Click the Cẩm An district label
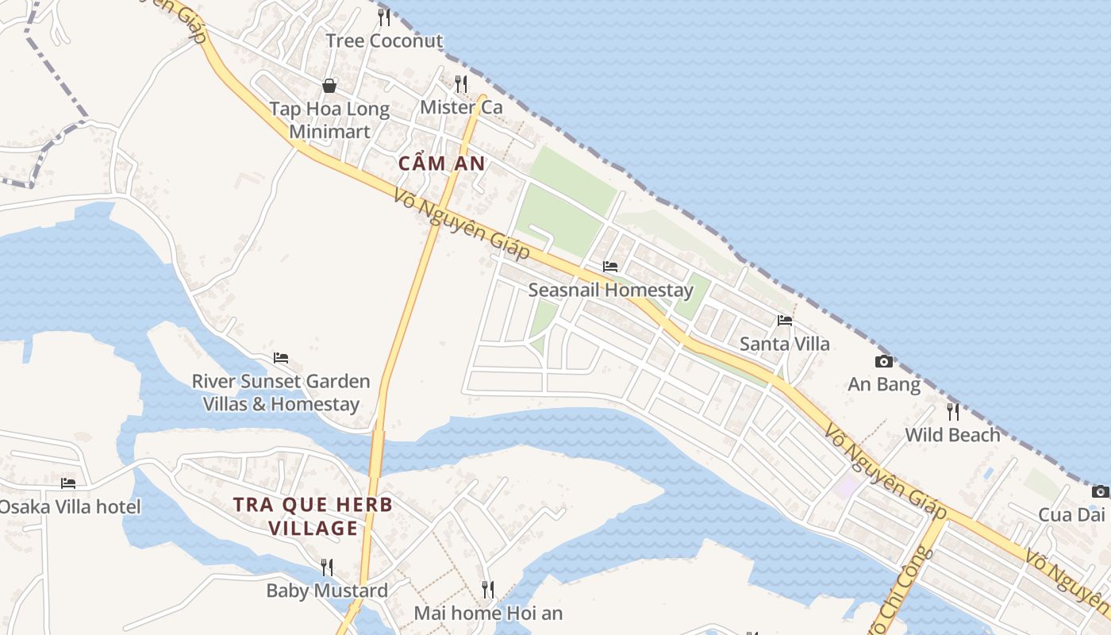[441, 164]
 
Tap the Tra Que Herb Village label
[313, 516]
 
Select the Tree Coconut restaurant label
[384, 40]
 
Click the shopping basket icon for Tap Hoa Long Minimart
[329, 85]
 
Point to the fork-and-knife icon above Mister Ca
[461, 83]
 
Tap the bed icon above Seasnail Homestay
[610, 266]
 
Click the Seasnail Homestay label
[610, 290]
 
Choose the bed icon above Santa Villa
[785, 320]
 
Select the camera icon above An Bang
[884, 361]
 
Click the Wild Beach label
[953, 435]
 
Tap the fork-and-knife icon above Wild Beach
[953, 411]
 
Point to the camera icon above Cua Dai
[1100, 491]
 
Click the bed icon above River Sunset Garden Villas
[281, 358]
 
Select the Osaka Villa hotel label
[70, 506]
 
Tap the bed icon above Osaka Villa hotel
[68, 483]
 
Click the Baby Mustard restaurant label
[327, 591]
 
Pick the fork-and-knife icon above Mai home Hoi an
[488, 589]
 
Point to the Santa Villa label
[785, 344]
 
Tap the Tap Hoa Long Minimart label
[329, 120]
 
